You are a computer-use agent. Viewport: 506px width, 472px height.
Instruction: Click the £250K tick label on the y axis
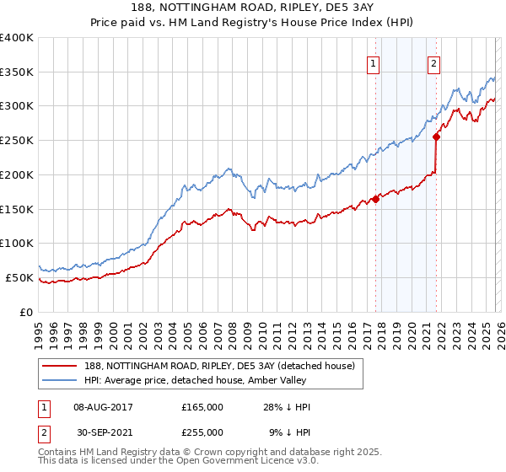(x=17, y=141)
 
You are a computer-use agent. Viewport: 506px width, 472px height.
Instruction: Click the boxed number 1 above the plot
(x=372, y=62)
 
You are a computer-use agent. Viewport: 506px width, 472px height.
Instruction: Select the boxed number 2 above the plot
(x=433, y=62)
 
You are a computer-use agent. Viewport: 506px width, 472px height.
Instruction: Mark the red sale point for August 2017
(x=375, y=199)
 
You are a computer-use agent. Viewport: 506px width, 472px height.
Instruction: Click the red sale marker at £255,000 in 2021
(x=437, y=137)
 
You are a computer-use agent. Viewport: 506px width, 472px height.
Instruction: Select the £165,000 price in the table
(x=202, y=407)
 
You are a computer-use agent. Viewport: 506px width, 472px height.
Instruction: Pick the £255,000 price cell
(x=202, y=432)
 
